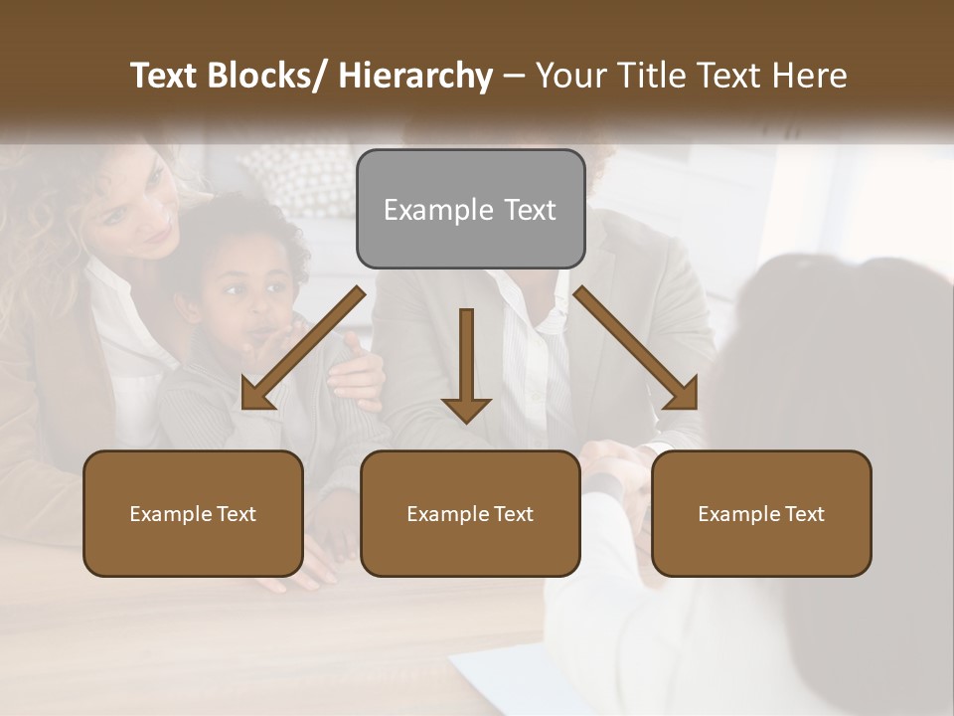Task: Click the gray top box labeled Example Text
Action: point(470,209)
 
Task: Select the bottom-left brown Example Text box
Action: point(193,513)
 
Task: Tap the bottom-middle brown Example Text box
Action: point(470,513)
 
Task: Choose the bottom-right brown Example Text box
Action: point(761,513)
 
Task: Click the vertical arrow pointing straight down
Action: point(466,364)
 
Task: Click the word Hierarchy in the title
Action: point(415,77)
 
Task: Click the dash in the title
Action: point(513,77)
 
